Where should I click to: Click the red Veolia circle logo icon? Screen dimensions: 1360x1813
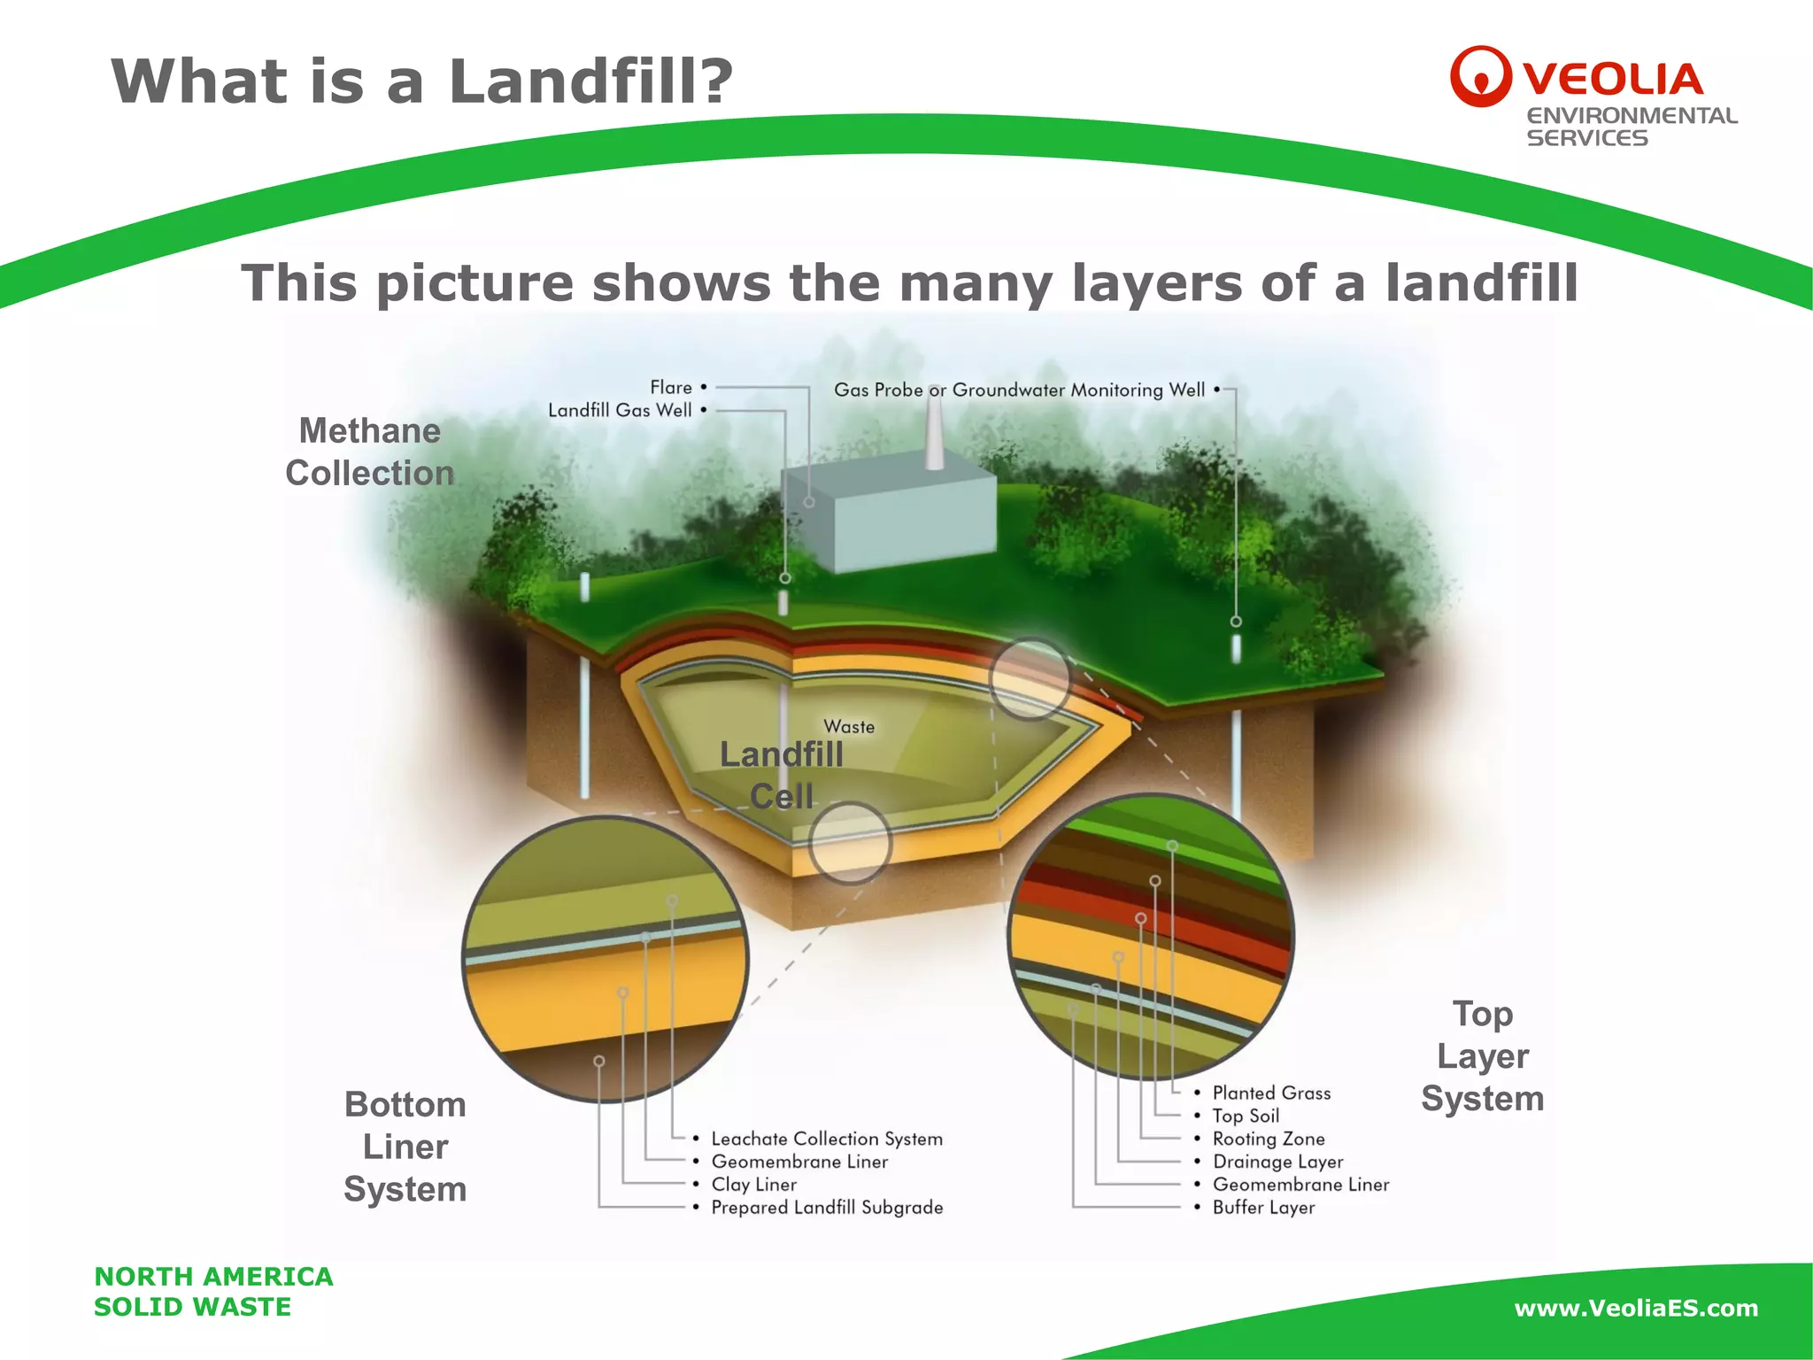(1479, 76)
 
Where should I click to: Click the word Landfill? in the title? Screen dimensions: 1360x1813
(591, 81)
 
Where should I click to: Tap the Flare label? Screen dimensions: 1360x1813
(671, 388)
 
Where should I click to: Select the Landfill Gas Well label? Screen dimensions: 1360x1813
(620, 410)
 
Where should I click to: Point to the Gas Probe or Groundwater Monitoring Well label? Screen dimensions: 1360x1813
(1019, 390)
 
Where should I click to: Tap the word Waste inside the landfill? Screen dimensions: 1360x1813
(849, 727)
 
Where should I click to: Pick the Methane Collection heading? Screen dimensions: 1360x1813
(369, 452)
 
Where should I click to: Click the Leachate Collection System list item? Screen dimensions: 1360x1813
(827, 1139)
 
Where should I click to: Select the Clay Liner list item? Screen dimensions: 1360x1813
(754, 1185)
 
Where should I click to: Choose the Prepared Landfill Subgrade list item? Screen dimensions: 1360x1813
(827, 1208)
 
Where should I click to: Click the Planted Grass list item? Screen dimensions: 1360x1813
(1271, 1093)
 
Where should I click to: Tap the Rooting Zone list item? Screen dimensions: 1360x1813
(1269, 1139)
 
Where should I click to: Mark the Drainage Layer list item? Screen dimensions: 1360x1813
(1277, 1162)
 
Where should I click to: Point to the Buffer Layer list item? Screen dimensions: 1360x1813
(1263, 1208)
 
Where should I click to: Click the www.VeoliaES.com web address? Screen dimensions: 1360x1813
(1636, 1308)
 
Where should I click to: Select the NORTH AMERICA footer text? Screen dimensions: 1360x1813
(213, 1277)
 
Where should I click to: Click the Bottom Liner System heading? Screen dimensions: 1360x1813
(405, 1147)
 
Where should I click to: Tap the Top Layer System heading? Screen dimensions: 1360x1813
(1483, 1055)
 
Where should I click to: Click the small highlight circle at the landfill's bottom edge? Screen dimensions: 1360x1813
(850, 843)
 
